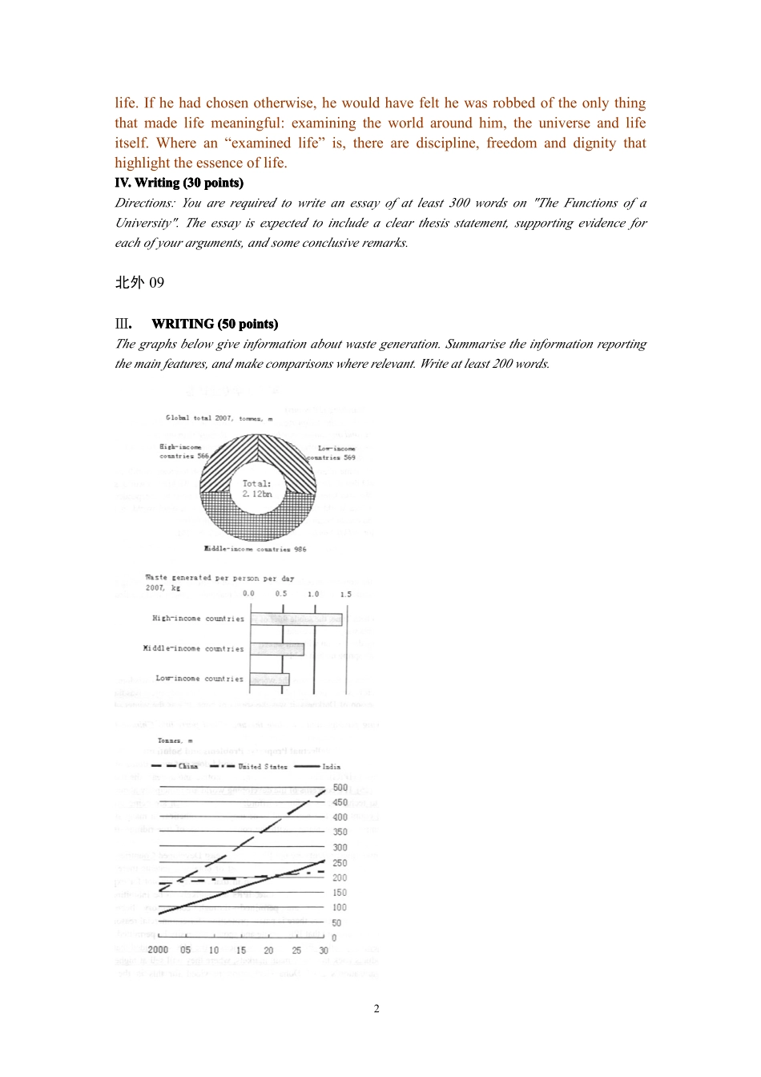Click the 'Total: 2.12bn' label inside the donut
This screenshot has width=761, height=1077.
[x=257, y=489]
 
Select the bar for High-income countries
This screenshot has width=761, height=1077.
[x=296, y=619]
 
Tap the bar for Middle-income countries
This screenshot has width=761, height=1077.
[x=277, y=648]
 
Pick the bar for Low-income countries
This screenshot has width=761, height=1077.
[x=270, y=680]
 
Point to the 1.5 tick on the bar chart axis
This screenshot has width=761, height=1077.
[x=345, y=595]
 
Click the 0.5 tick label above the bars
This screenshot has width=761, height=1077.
[x=281, y=595]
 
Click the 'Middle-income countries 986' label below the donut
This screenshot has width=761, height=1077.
[x=256, y=550]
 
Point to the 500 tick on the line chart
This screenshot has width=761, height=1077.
[x=340, y=788]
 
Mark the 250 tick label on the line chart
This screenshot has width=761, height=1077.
[x=340, y=863]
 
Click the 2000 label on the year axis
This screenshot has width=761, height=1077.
[x=159, y=950]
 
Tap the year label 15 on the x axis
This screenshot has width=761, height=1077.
[x=241, y=950]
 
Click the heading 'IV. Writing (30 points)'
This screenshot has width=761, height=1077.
[x=179, y=183]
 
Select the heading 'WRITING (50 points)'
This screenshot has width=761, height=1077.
[x=215, y=324]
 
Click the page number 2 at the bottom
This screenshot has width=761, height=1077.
[x=376, y=1009]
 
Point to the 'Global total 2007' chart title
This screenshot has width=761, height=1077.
[x=219, y=418]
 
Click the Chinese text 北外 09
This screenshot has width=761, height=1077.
[x=139, y=282]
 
